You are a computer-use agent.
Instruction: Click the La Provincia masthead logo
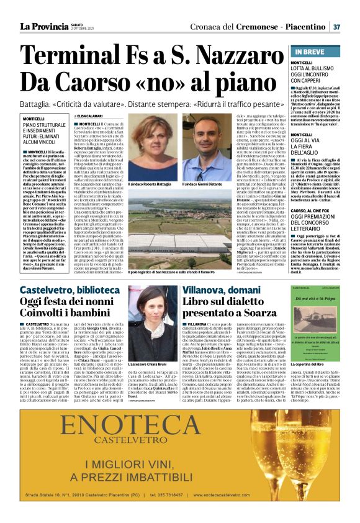pyautogui.click(x=43, y=26)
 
